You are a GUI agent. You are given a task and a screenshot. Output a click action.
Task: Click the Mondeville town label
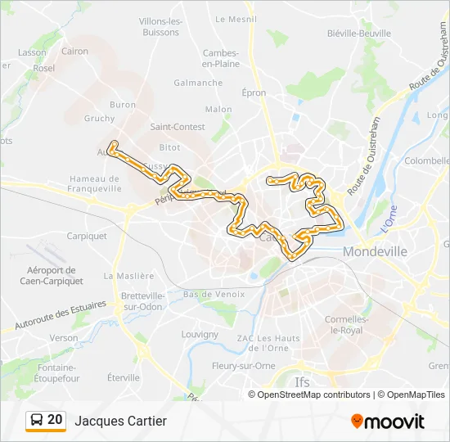tap(376, 252)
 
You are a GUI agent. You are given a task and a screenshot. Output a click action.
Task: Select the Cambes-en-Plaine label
tap(221, 58)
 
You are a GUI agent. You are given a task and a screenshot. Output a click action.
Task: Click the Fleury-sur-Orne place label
tap(243, 366)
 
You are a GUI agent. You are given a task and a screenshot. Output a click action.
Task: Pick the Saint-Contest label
tap(178, 127)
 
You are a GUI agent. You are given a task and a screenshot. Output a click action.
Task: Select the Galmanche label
tap(198, 83)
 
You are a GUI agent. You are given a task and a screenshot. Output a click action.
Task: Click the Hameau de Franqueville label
tap(96, 184)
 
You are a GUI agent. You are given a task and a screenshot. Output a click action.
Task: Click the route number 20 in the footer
tap(55, 420)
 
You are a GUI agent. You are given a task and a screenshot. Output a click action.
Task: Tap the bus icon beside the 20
tap(38, 421)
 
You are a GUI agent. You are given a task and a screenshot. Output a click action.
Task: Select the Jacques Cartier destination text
tap(120, 421)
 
